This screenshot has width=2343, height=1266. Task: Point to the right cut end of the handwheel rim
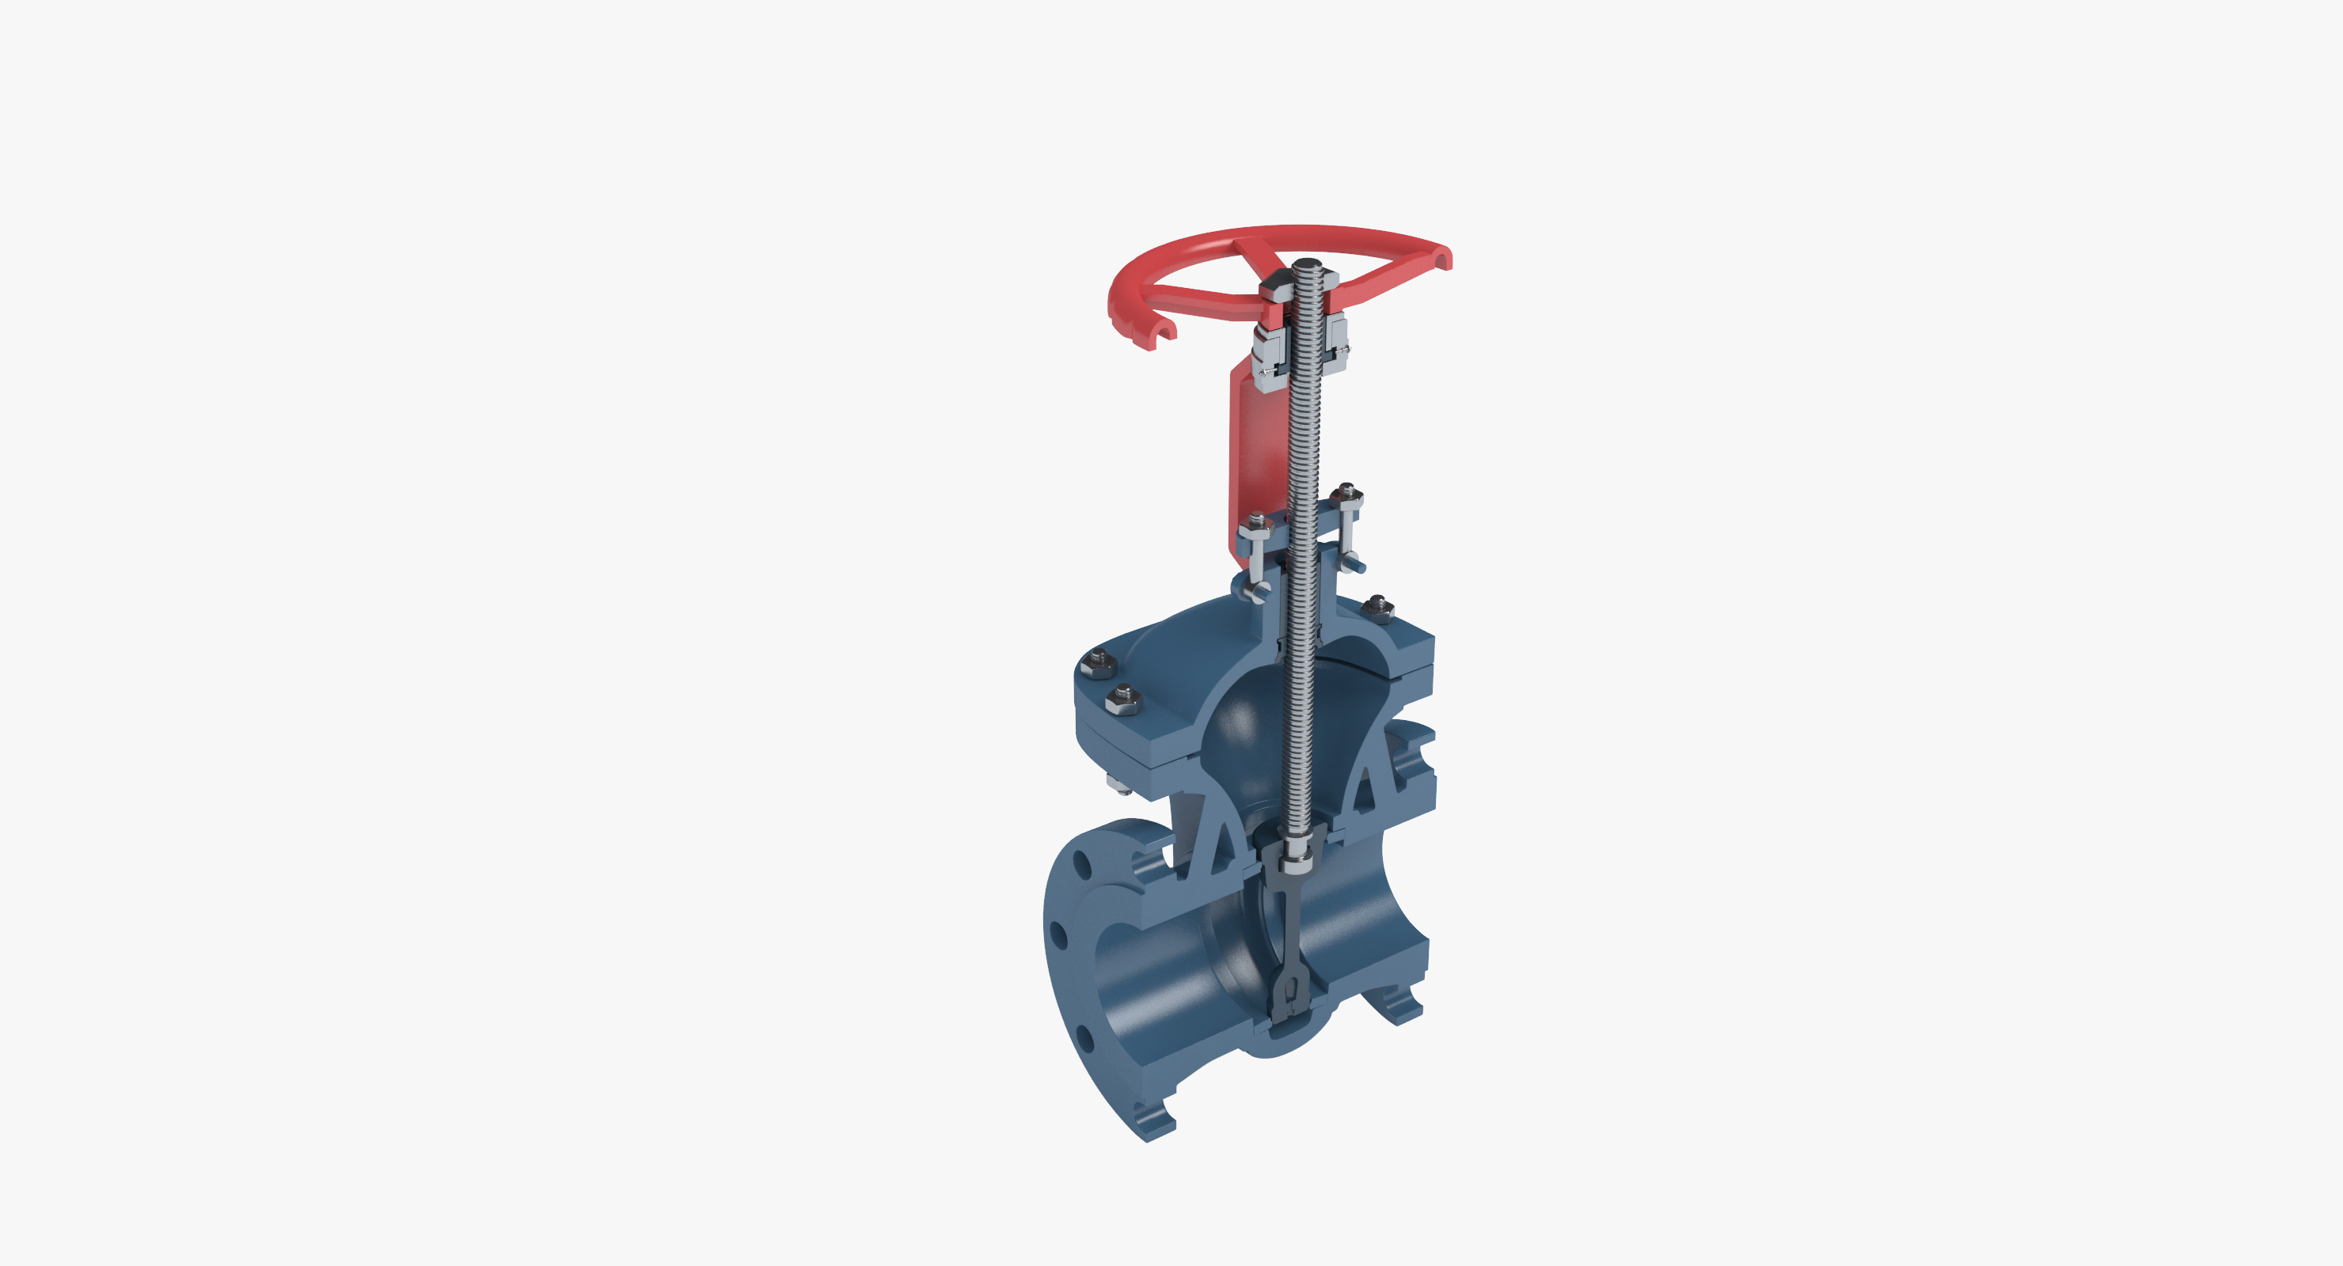[x=1445, y=260]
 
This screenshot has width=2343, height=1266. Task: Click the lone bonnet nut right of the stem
[x=1379, y=607]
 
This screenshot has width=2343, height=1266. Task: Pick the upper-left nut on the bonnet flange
[x=1097, y=665]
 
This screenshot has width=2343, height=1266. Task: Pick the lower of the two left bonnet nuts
[x=1123, y=699]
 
